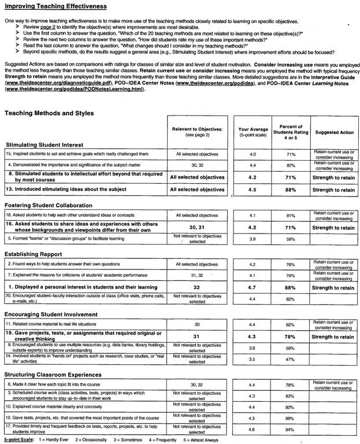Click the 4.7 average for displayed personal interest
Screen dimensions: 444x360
coord(253,287)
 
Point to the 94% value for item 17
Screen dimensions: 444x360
coord(291,430)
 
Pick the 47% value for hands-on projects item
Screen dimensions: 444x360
coord(291,359)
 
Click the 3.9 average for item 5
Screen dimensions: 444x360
coord(253,238)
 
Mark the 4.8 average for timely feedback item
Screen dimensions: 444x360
coord(253,430)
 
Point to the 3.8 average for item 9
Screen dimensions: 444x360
coord(253,348)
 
